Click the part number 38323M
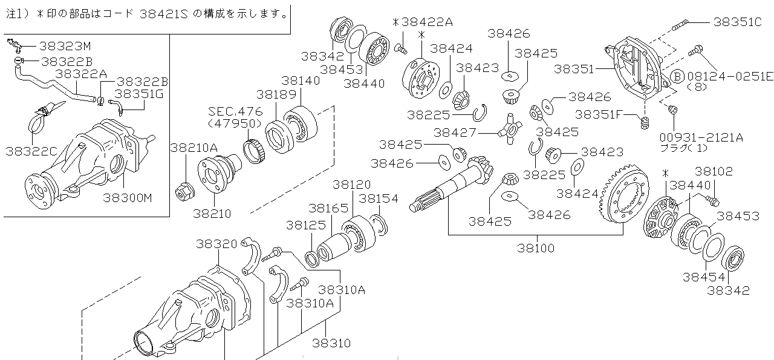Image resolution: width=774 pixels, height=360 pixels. tap(65, 46)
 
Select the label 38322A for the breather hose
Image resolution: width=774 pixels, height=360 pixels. tap(82, 73)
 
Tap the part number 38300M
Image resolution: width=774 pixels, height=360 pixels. tap(128, 197)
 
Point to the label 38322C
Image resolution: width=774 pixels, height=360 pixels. tap(30, 151)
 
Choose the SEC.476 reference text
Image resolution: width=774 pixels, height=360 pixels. tap(235, 111)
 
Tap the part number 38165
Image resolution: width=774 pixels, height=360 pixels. tap(328, 208)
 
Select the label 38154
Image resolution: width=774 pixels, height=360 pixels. tap(379, 198)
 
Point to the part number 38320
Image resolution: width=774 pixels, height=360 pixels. tap(216, 244)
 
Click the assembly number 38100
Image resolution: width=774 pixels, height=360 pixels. tap(536, 247)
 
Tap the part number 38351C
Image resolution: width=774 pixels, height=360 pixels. tap(737, 22)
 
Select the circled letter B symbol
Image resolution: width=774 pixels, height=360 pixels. tap(677, 76)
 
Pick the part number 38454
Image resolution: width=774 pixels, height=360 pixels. tap(703, 277)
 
